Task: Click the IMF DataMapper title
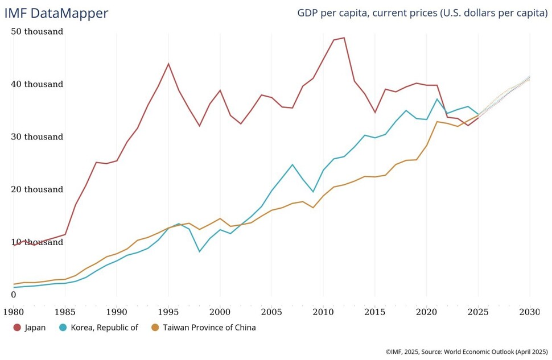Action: click(x=56, y=13)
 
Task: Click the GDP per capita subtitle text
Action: click(x=422, y=13)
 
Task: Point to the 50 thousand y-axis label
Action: click(x=37, y=32)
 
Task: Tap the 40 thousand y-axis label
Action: click(x=37, y=84)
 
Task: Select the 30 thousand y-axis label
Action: click(x=37, y=137)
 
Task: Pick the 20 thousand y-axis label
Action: click(x=37, y=189)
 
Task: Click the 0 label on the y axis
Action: click(x=14, y=295)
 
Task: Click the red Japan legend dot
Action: click(x=17, y=328)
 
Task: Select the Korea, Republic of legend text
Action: click(x=104, y=328)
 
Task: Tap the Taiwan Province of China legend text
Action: click(x=209, y=328)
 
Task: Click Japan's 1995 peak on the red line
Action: click(x=168, y=64)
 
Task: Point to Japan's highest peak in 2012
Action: click(x=344, y=38)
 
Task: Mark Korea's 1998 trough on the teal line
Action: click(x=199, y=251)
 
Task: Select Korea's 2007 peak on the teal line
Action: click(x=293, y=165)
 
